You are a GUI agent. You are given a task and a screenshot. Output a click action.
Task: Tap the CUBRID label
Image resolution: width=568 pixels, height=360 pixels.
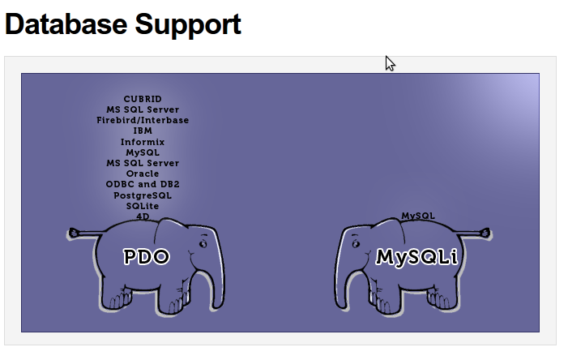[143, 99]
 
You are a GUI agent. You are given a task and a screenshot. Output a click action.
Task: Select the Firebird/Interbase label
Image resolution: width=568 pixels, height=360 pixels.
[143, 120]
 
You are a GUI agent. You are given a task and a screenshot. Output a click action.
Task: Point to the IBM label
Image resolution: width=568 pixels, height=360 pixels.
[143, 131]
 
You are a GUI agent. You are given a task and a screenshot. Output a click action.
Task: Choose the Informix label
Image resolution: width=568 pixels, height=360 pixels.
[143, 141]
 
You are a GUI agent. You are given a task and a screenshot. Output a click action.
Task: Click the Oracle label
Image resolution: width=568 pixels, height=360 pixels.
[143, 174]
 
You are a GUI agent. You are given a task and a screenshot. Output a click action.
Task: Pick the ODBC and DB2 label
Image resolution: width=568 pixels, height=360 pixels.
[143, 184]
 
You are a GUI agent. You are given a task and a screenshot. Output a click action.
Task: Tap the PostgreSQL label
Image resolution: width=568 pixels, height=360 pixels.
[143, 195]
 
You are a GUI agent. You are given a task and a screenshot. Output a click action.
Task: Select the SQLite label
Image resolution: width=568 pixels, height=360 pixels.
[143, 206]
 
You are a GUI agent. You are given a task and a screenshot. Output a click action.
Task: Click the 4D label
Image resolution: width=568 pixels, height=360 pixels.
[143, 216]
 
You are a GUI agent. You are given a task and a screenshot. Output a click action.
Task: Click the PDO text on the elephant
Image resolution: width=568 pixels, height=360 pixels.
[147, 257]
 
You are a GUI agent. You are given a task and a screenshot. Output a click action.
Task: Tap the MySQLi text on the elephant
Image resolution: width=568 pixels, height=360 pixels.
[416, 257]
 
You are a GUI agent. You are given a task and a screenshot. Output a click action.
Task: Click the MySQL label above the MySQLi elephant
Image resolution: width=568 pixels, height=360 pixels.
[418, 216]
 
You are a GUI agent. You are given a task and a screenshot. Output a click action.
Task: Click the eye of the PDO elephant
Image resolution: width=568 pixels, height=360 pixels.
[203, 242]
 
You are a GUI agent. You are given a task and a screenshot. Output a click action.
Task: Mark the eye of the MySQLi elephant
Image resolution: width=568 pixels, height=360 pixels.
[356, 242]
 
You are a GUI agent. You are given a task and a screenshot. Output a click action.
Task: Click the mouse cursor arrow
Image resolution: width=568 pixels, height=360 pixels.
[390, 63]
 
